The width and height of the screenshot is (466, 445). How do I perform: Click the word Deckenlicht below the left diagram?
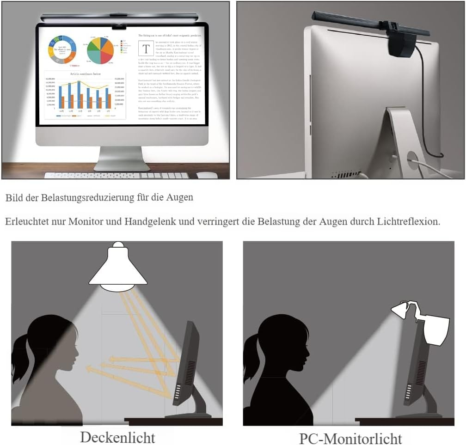pos(117,437)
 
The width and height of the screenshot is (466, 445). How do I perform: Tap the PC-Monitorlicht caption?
pos(350,438)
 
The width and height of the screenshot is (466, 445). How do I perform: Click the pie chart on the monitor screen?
pos(100,50)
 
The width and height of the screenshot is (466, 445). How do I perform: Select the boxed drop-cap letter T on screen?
pos(146,49)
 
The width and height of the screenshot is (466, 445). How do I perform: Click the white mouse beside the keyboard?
pos(207,175)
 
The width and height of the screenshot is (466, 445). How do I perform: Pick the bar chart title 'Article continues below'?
pos(85,74)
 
